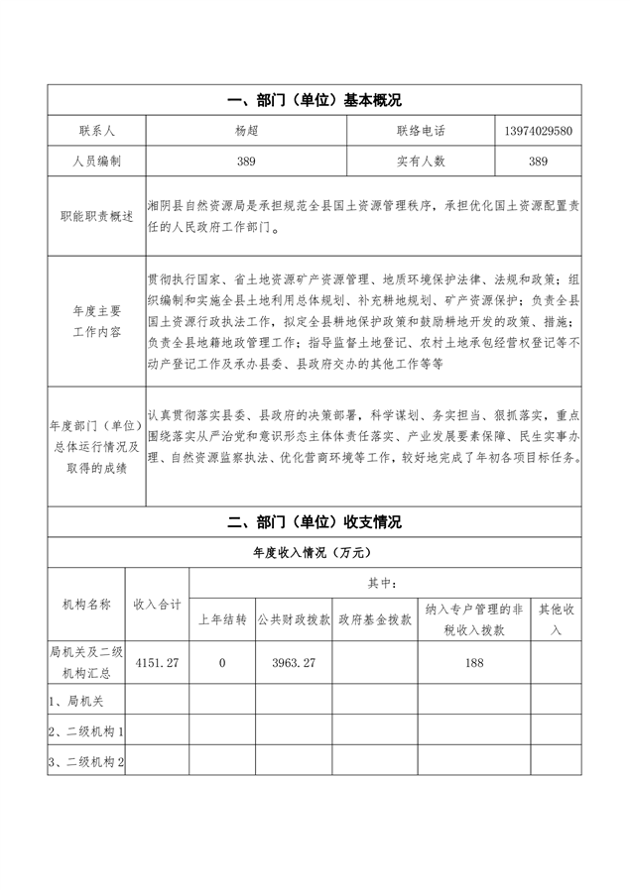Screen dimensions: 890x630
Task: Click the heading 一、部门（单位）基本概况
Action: click(x=314, y=100)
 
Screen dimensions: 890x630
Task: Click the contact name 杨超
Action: click(x=246, y=131)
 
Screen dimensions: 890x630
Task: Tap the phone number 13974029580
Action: click(x=537, y=131)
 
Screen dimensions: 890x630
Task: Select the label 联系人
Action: click(x=96, y=131)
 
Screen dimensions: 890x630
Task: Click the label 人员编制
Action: click(x=96, y=161)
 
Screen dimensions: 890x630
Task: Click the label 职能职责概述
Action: click(x=96, y=216)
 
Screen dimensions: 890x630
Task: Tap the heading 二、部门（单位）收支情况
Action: click(x=314, y=522)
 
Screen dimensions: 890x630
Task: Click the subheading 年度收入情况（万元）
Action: click(x=314, y=552)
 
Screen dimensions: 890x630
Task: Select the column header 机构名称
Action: click(x=86, y=603)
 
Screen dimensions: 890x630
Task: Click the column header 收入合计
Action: click(x=157, y=603)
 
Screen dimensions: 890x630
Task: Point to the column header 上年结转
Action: click(x=222, y=620)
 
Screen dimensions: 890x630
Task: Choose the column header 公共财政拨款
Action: click(x=294, y=620)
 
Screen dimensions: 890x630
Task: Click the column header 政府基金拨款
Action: click(x=374, y=620)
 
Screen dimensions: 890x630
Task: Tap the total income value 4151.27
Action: click(x=157, y=663)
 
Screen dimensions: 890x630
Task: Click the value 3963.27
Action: click(x=294, y=663)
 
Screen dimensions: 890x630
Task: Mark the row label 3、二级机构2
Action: click(x=87, y=761)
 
